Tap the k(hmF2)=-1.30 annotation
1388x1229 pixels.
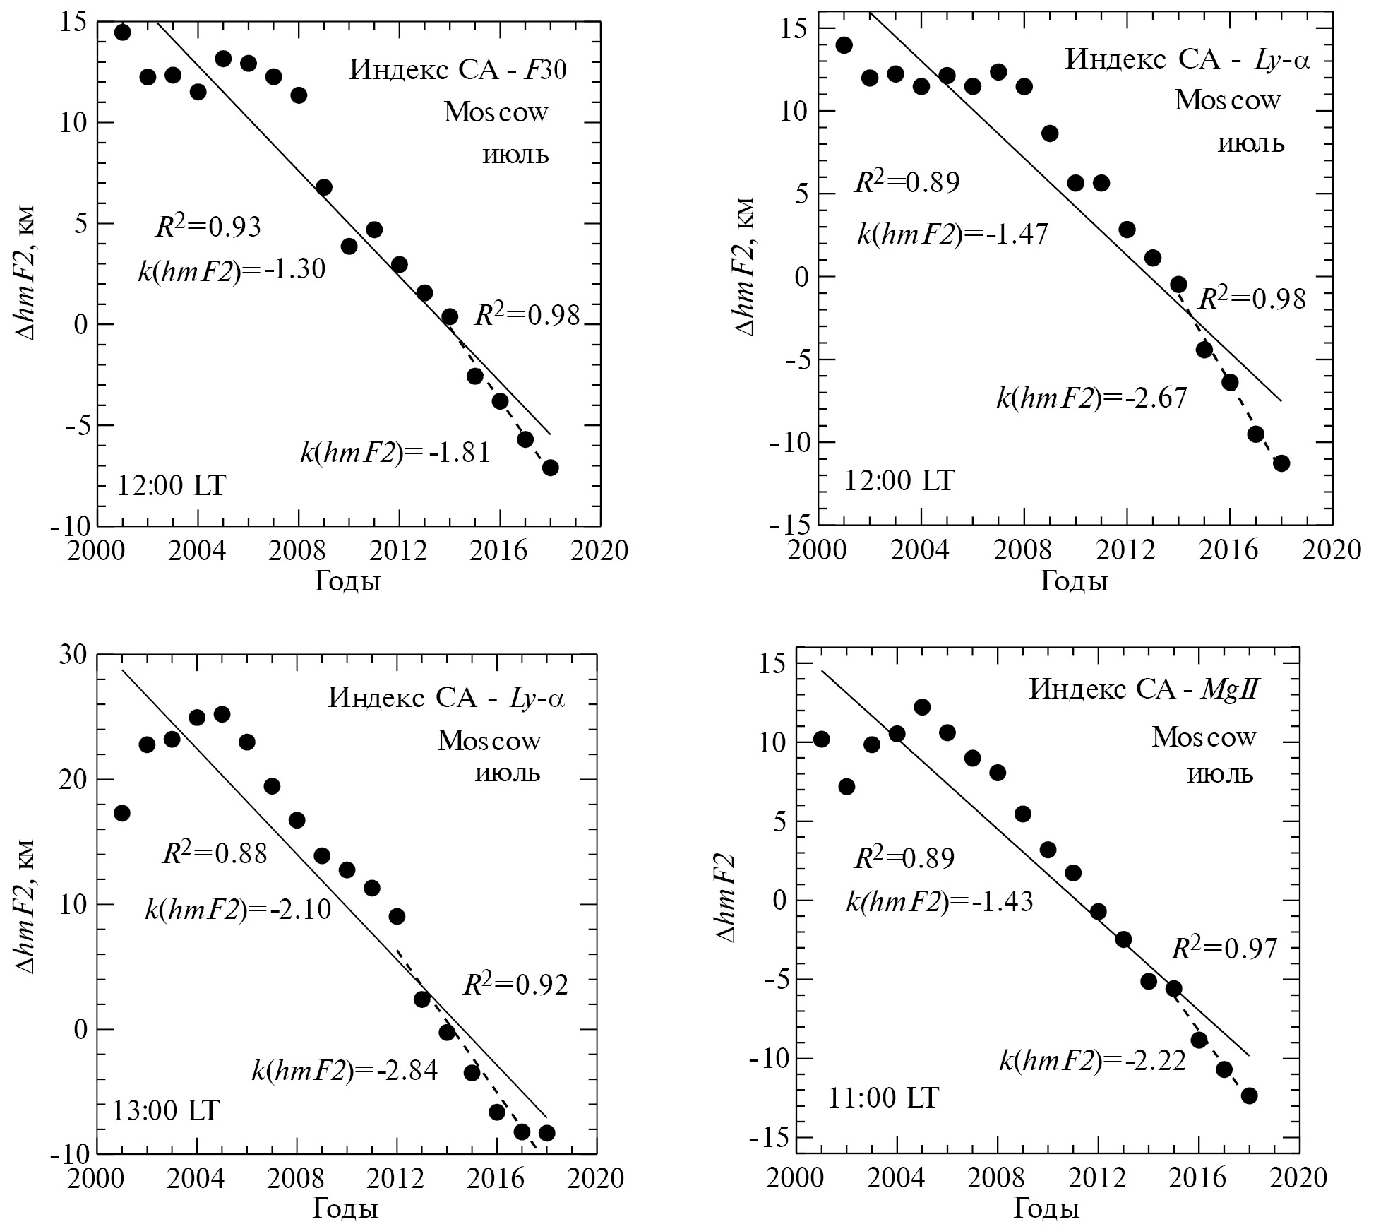232,270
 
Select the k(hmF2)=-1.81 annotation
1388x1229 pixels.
395,452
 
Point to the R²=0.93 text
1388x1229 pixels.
208,226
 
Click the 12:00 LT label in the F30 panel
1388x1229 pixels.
172,486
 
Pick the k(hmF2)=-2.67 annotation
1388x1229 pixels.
1091,398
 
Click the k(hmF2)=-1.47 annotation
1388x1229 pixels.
952,234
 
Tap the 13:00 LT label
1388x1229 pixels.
166,1111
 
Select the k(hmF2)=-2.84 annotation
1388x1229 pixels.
345,1071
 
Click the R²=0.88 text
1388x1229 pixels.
215,853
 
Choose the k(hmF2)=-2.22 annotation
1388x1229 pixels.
1092,1061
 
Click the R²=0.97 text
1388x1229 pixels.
1225,949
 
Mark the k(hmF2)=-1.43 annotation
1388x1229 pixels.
940,901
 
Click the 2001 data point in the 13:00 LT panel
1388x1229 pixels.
121,813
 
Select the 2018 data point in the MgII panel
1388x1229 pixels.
1249,1096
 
